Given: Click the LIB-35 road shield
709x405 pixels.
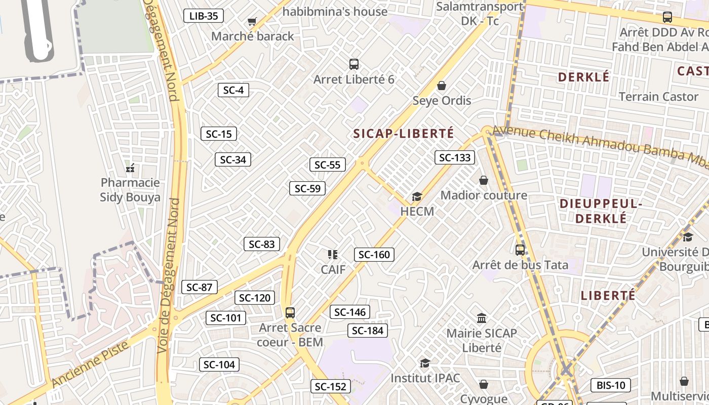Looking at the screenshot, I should (x=203, y=16).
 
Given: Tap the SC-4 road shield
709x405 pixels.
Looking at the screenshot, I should (x=233, y=90).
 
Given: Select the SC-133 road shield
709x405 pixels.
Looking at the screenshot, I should (x=455, y=157).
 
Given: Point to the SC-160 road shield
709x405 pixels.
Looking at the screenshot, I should (x=374, y=255).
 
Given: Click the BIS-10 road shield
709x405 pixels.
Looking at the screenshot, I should (x=611, y=385).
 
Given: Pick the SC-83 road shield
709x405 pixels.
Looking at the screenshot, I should (x=261, y=244).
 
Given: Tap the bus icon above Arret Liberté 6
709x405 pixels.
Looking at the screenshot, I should (x=354, y=64).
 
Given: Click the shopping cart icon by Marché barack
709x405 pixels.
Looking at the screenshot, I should (x=252, y=21).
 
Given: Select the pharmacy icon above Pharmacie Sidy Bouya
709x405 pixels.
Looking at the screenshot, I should (x=130, y=168).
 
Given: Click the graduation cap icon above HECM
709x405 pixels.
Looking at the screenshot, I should (x=417, y=196).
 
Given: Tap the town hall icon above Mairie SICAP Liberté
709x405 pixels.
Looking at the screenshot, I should (x=482, y=318).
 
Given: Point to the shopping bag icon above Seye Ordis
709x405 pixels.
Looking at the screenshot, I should (x=442, y=86).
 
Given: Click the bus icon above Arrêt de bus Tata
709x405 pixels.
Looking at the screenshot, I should (x=520, y=250).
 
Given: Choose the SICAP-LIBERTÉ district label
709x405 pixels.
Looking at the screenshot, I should (x=404, y=134).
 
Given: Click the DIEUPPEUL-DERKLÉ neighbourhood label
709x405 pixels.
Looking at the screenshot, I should (x=601, y=211).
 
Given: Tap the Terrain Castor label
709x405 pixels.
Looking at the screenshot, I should (x=658, y=96).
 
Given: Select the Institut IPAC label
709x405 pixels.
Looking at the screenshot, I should (x=425, y=378).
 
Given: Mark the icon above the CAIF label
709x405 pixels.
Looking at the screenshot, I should (x=333, y=255).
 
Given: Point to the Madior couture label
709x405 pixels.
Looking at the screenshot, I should (x=484, y=195).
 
